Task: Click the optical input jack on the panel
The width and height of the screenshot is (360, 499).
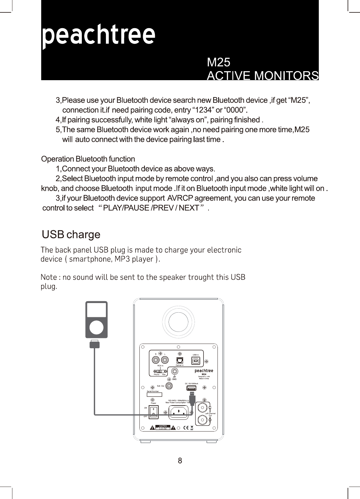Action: coord(179,360)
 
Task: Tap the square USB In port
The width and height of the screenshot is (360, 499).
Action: coord(196,361)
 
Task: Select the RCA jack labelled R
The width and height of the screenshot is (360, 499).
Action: coord(156,360)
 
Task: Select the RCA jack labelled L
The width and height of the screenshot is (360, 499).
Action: coord(165,360)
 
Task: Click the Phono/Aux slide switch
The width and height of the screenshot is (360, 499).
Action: coord(160,371)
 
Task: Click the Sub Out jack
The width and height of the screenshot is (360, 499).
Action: coord(169,386)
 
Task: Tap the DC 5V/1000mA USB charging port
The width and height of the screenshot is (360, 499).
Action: coord(191,388)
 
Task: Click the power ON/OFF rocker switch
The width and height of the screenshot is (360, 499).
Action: coord(153,412)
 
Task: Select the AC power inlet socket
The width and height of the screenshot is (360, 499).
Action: coord(178,412)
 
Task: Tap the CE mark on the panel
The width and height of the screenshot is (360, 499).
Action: coord(187,428)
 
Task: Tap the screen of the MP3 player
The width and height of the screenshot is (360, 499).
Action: coord(97,310)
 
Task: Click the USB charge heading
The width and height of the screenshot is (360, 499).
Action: coord(71,235)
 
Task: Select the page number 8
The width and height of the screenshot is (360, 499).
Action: coord(180,461)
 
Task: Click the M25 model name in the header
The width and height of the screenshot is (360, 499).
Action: coord(218,63)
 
